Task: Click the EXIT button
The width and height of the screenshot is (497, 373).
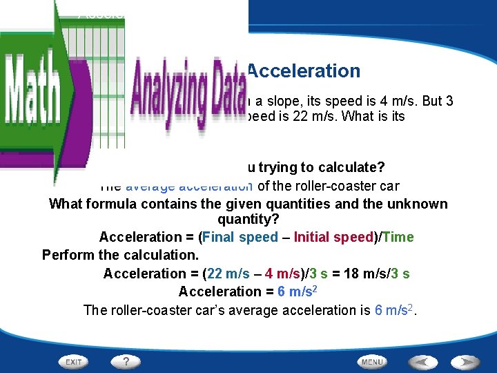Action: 72,361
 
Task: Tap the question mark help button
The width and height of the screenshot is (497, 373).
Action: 126,361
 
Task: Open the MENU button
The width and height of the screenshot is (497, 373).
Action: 372,361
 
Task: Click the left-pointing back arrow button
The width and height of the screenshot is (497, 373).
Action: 421,361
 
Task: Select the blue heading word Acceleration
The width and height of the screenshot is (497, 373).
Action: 304,71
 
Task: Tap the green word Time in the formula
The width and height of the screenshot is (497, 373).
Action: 398,238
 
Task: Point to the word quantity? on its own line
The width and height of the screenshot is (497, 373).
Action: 248,220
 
